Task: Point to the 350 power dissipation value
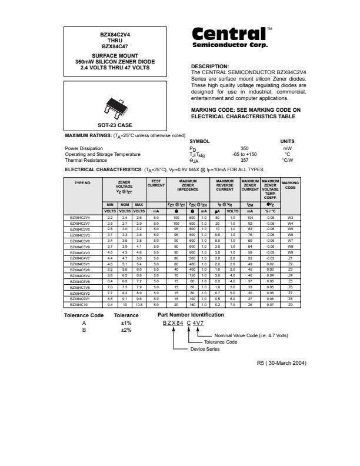click(245, 149)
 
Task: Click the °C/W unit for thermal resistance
click(287, 160)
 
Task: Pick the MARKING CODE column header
click(291, 185)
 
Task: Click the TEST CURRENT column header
click(156, 184)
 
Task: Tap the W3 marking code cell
click(291, 217)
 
